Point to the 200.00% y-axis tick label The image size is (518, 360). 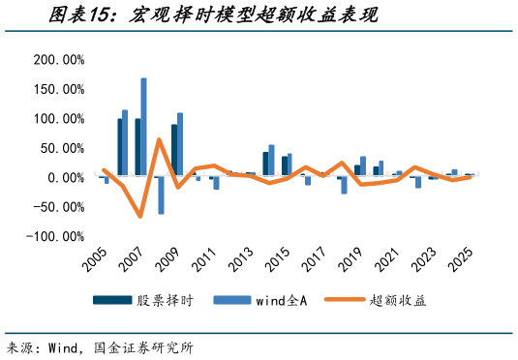[59, 60]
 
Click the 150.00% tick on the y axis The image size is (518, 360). [59, 89]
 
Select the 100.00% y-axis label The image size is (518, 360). [59, 119]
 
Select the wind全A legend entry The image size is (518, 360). [277, 301]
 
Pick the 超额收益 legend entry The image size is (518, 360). [397, 301]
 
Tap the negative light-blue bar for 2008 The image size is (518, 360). [161, 195]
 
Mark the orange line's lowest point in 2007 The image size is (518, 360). [140, 216]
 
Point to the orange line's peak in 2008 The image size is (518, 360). [159, 140]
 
